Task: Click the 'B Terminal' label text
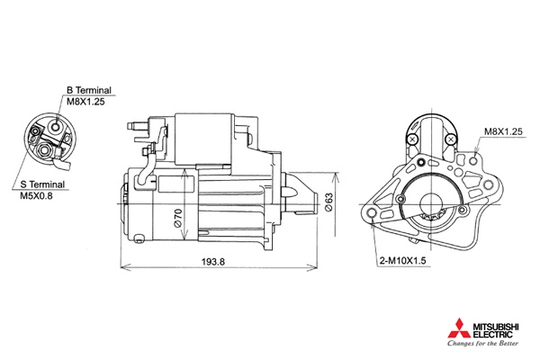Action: tap(89, 90)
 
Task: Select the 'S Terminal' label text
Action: tap(42, 184)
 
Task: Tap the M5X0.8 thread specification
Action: tap(36, 196)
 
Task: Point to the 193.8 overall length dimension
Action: tap(213, 262)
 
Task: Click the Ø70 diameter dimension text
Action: tap(178, 218)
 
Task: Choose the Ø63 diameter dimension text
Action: tap(328, 202)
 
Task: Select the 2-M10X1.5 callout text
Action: tap(402, 261)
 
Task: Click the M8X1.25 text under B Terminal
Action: tap(85, 102)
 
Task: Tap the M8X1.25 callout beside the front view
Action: tap(503, 131)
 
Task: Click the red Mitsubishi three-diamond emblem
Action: tap(459, 328)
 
